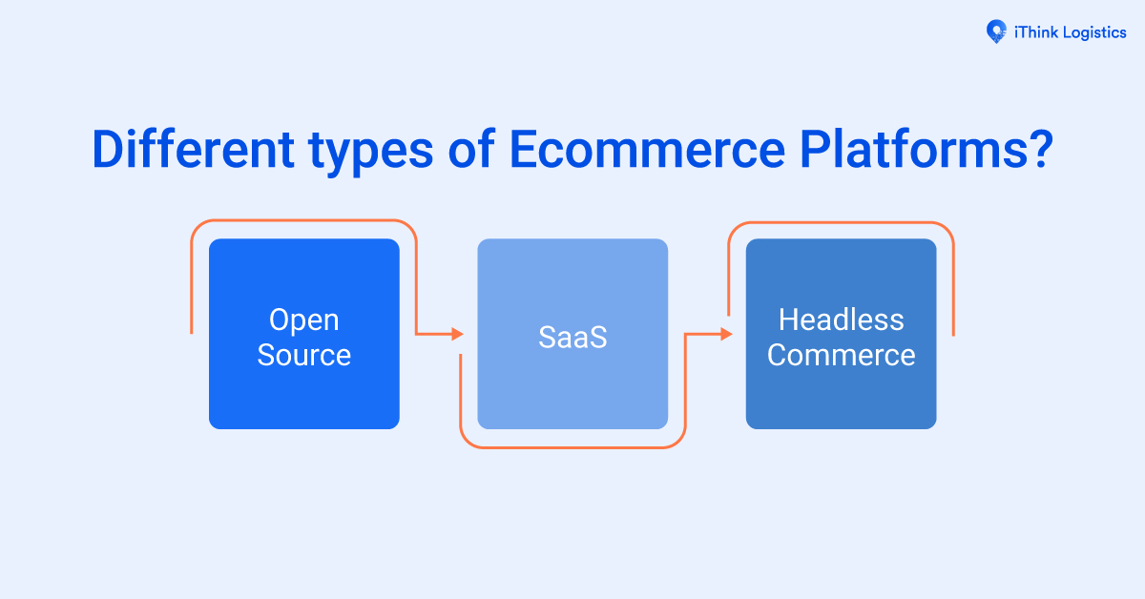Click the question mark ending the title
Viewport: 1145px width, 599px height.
tap(1037, 150)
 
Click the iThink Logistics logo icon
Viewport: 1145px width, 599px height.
tap(996, 31)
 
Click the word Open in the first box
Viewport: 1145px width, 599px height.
tap(304, 320)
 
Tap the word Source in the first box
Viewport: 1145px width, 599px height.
tap(304, 355)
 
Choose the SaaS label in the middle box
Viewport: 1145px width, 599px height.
tap(572, 337)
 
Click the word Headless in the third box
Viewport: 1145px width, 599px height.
tap(841, 320)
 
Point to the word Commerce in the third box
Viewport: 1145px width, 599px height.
tap(841, 355)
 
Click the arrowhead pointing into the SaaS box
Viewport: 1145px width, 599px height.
tap(457, 334)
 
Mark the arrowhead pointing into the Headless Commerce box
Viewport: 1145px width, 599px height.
tap(726, 334)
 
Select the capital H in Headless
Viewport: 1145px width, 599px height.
tap(788, 320)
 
